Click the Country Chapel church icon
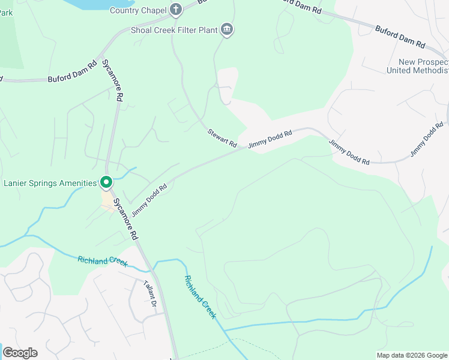click(175, 9)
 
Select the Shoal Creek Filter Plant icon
click(227, 29)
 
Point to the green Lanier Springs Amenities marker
click(106, 182)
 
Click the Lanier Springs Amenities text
click(50, 183)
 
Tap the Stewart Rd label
click(222, 138)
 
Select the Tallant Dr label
click(149, 294)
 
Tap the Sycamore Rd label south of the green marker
click(126, 218)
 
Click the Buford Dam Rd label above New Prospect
click(400, 37)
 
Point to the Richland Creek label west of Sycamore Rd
click(102, 262)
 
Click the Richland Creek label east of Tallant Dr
click(200, 297)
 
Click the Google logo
click(20, 353)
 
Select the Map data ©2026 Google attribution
click(411, 355)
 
